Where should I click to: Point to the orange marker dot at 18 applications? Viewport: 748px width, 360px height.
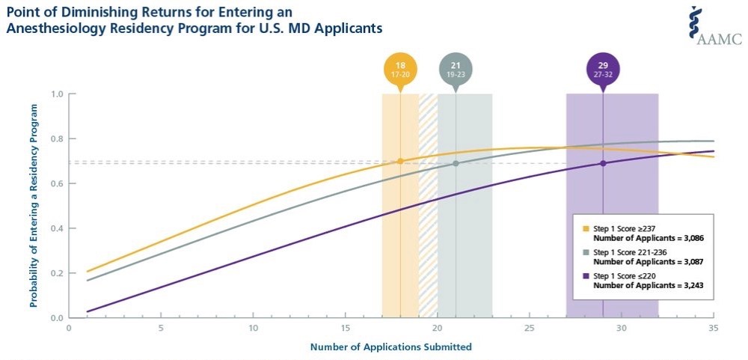tap(400, 161)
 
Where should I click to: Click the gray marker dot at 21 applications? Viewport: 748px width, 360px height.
tap(456, 163)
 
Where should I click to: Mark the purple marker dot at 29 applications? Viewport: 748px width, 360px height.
tap(603, 163)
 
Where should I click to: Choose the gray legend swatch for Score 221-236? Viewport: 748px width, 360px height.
tap(586, 254)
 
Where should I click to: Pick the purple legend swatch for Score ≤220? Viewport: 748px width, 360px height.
tap(586, 278)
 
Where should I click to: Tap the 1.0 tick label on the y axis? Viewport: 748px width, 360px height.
tap(57, 94)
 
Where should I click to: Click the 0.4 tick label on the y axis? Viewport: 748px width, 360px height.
tap(57, 228)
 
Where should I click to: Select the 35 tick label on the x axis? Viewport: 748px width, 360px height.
tap(713, 328)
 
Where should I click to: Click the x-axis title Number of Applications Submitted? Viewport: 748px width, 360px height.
tap(390, 347)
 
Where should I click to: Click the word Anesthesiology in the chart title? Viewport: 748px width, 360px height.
tap(52, 28)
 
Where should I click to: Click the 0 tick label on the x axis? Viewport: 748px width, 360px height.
tap(69, 328)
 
